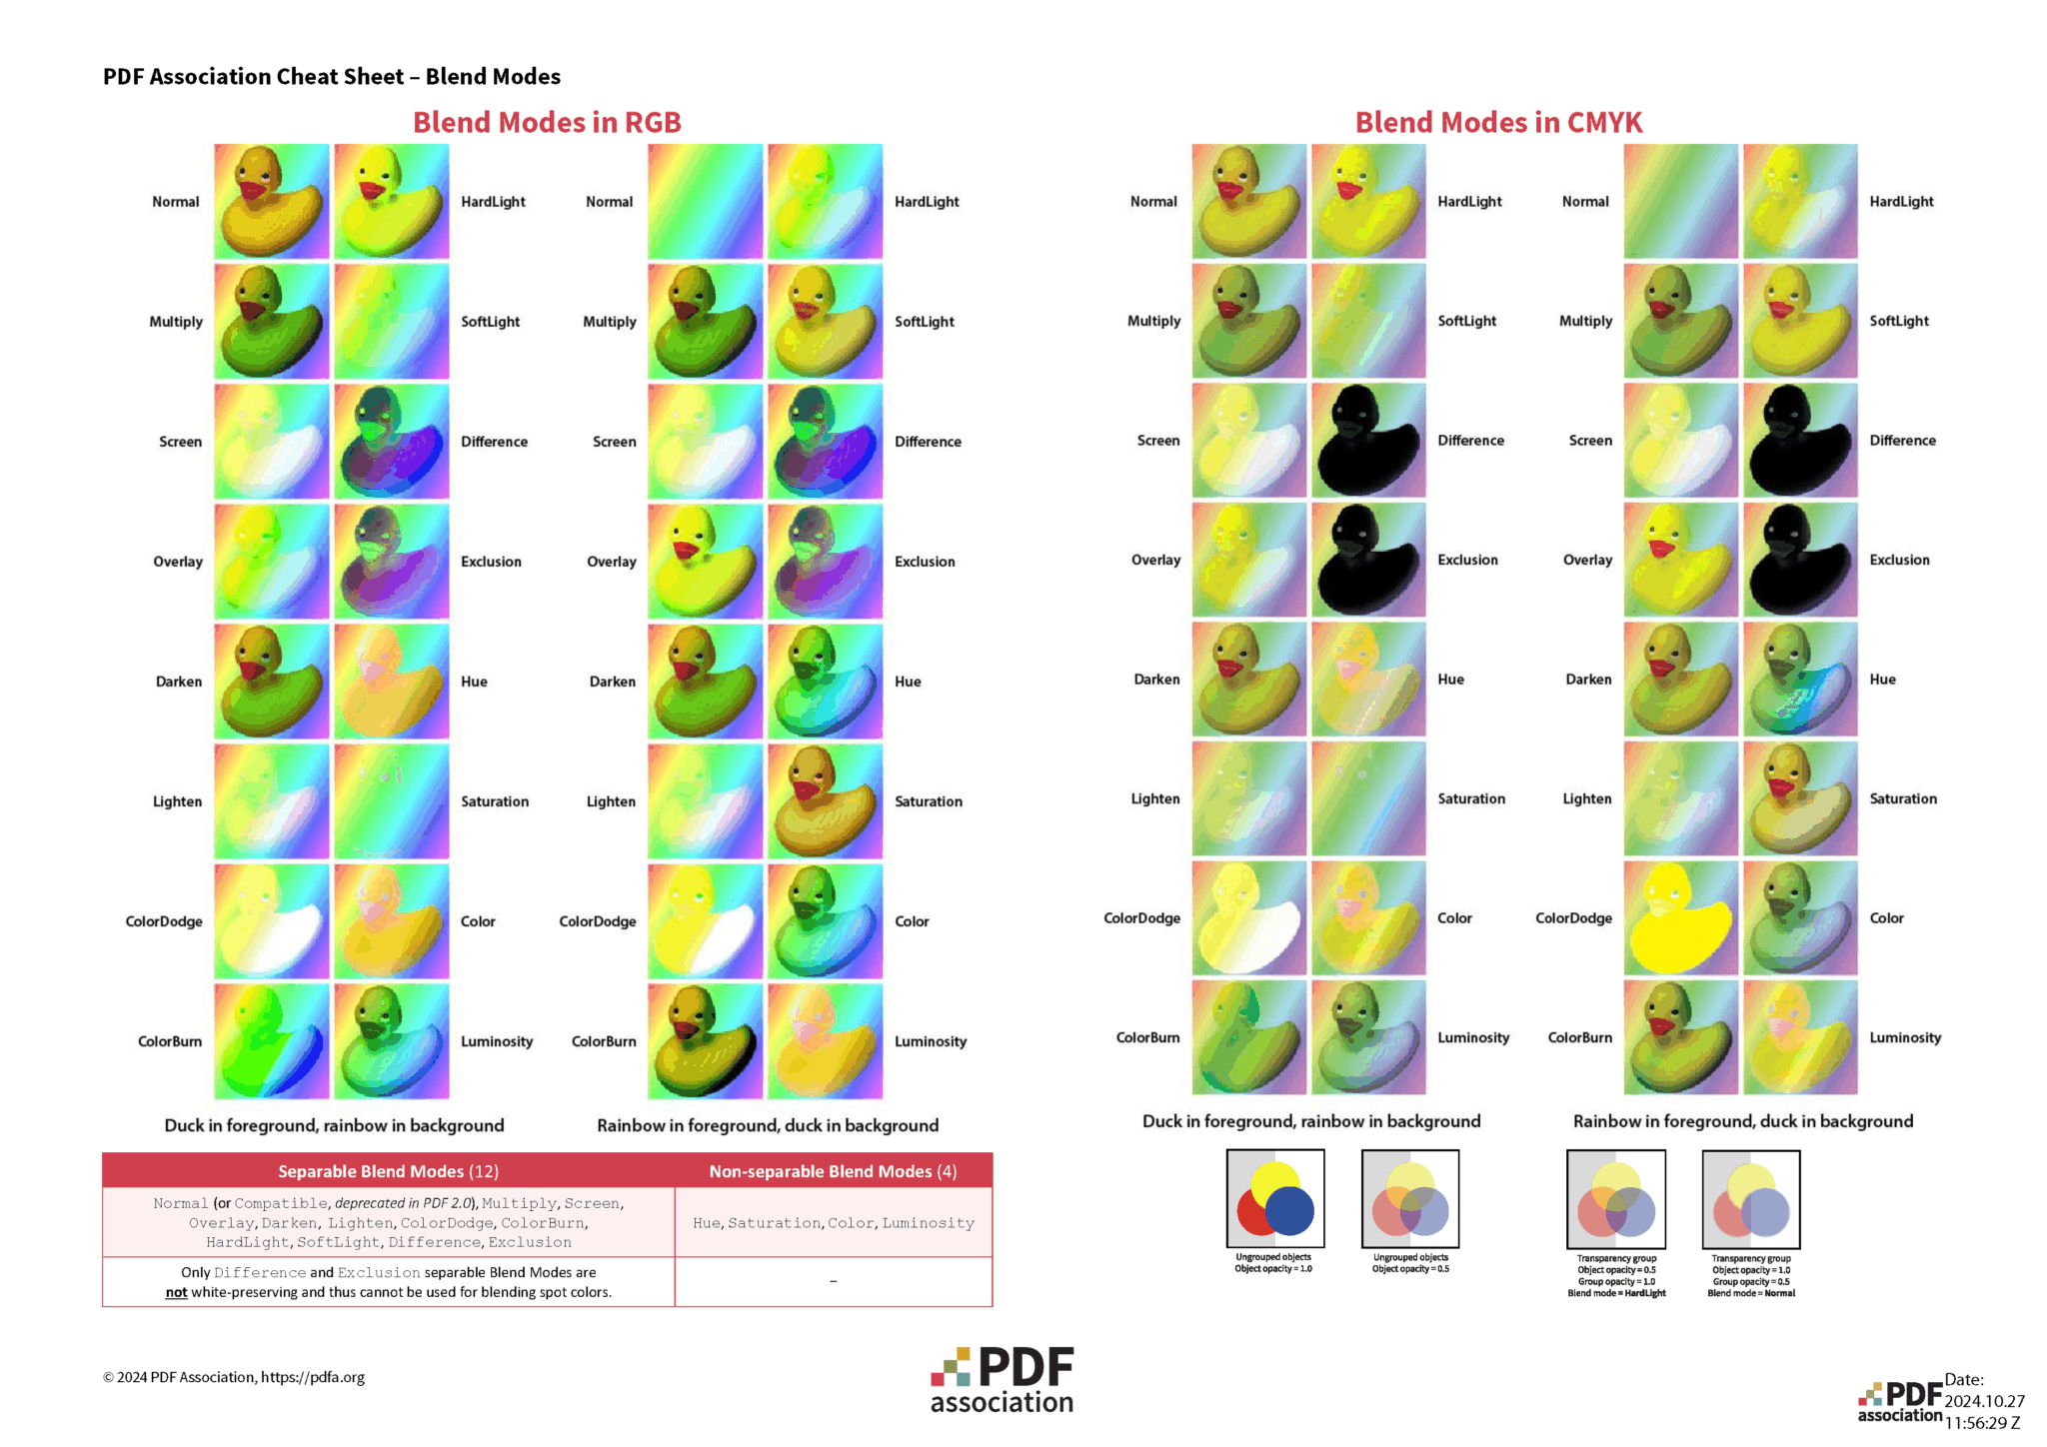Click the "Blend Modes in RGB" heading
coord(547,122)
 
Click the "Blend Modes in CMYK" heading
coord(1498,122)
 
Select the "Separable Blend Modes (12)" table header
coord(388,1171)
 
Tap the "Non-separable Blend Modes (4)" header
coord(833,1171)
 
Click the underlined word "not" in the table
coord(176,1292)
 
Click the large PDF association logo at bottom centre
coord(1002,1380)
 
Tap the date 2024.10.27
coord(1984,1401)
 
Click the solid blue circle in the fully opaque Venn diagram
coord(1289,1210)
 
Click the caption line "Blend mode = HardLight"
coord(1616,1293)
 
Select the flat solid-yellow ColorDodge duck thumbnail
coord(1680,918)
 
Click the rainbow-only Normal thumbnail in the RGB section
coord(705,202)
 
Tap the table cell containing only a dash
coord(833,1281)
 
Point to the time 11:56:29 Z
coord(1982,1423)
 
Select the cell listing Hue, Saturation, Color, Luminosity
coord(833,1223)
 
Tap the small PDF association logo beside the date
coord(1899,1401)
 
